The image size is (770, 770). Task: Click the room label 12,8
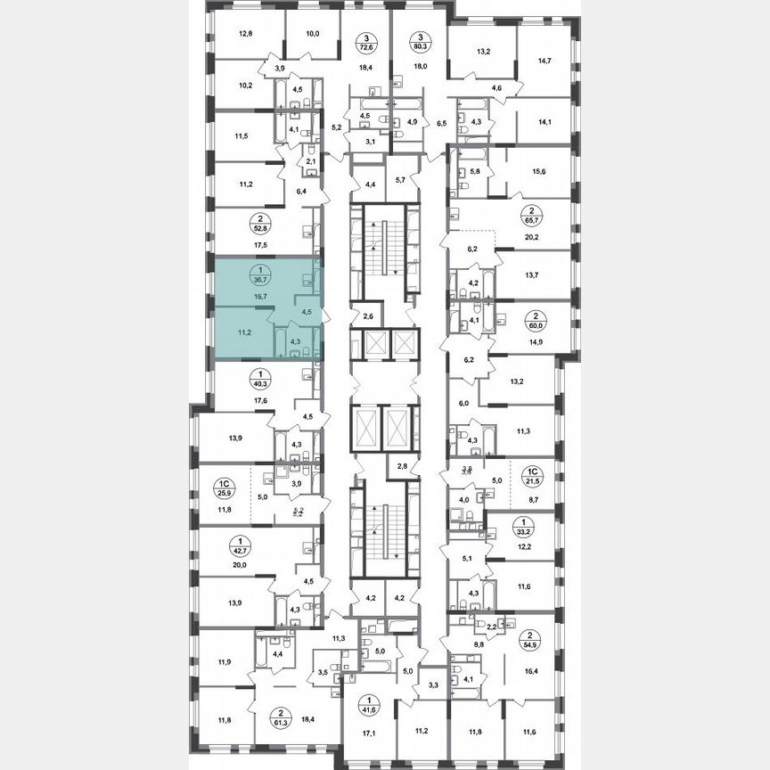point(246,36)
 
